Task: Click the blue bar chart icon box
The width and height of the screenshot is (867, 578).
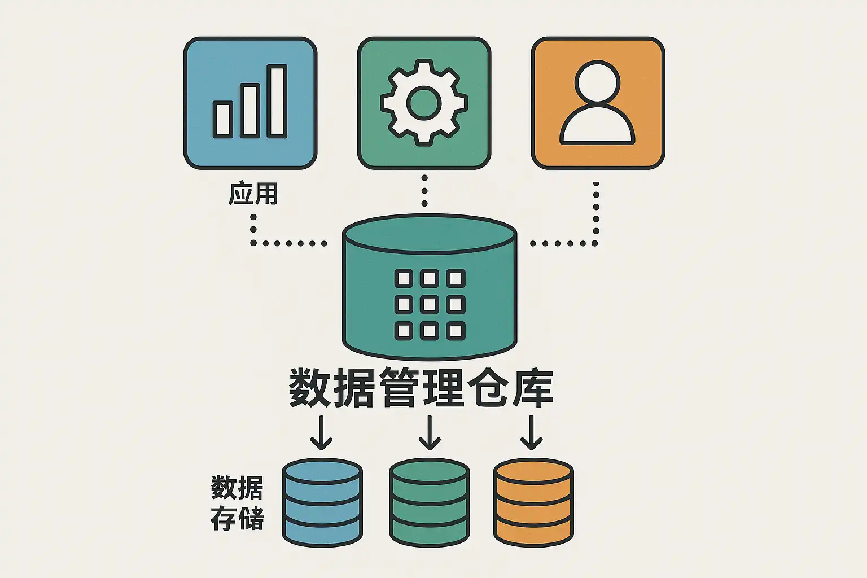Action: coord(250,103)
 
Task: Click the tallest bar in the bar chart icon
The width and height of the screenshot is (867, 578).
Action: coord(277,101)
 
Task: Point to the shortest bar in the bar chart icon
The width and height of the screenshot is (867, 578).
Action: coord(222,120)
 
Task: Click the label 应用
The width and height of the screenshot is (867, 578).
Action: coord(253,194)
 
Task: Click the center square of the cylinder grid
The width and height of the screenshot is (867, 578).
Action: coord(430,305)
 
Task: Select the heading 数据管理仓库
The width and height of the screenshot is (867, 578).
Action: coord(421,388)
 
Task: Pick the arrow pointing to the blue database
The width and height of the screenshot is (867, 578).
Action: coord(322,433)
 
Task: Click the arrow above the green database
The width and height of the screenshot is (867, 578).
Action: coord(430,433)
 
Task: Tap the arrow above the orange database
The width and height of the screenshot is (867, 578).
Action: coord(531,433)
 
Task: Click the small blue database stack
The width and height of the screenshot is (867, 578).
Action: coord(322,502)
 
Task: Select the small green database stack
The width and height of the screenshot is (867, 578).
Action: coord(430,502)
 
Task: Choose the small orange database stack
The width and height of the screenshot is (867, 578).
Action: coord(533,502)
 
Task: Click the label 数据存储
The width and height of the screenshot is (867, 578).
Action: coord(237,503)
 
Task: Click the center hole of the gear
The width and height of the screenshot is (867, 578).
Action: coord(424,103)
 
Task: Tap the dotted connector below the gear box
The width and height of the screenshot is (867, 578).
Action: coord(424,191)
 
